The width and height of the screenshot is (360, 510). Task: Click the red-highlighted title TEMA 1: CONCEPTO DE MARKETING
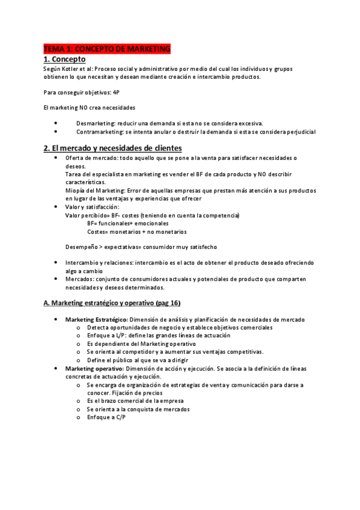pos(108,48)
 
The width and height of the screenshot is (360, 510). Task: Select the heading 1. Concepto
pos(64,59)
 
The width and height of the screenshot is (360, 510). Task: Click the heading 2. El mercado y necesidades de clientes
pos(112,148)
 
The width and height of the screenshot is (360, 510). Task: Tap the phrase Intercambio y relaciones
pos(99,263)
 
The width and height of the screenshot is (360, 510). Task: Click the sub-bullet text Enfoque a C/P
pos(106,417)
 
